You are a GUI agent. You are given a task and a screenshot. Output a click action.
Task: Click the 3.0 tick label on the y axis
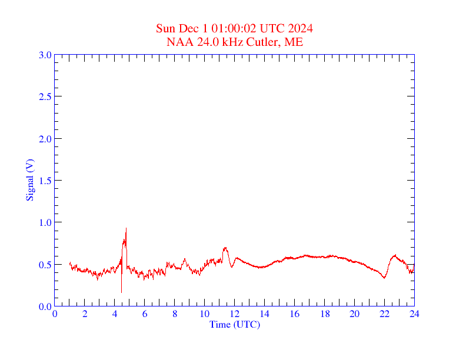pyautogui.click(x=45, y=55)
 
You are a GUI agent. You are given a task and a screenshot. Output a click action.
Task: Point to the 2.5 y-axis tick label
pyautogui.click(x=45, y=96)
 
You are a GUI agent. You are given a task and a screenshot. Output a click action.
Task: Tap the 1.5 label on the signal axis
pyautogui.click(x=45, y=181)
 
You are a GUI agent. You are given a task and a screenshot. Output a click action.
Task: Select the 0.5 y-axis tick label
pyautogui.click(x=45, y=265)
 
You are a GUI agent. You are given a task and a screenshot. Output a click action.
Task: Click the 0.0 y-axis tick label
pyautogui.click(x=45, y=306)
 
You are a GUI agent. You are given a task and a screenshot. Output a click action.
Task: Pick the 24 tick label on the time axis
pyautogui.click(x=414, y=314)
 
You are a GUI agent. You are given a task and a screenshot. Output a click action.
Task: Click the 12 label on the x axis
pyautogui.click(x=234, y=314)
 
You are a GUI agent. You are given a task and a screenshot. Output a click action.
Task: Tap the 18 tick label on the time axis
pyautogui.click(x=324, y=314)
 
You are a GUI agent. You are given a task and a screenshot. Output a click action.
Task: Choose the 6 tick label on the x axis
pyautogui.click(x=145, y=314)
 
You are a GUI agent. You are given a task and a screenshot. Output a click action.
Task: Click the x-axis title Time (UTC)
pyautogui.click(x=234, y=324)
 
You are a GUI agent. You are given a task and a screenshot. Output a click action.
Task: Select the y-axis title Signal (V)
pyautogui.click(x=30, y=180)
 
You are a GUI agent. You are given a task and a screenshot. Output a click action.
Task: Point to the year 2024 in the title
pyautogui.click(x=300, y=28)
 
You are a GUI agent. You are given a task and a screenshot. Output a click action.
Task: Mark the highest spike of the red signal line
pyautogui.click(x=126, y=228)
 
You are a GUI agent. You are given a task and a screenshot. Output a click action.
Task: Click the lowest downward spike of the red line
pyautogui.click(x=121, y=292)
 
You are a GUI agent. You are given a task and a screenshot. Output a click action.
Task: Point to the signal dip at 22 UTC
pyautogui.click(x=384, y=278)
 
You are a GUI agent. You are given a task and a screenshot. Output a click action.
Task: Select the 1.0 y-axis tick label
pyautogui.click(x=45, y=222)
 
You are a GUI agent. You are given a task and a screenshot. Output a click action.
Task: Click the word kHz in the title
pyautogui.click(x=233, y=42)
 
